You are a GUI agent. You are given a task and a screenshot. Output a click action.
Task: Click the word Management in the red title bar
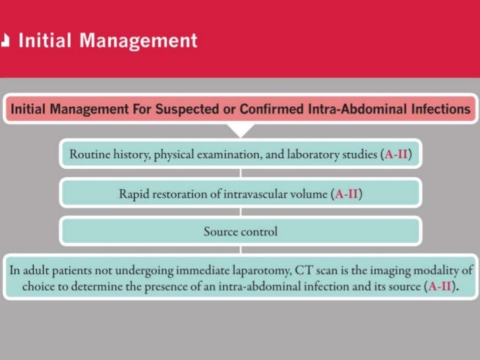[x=138, y=40]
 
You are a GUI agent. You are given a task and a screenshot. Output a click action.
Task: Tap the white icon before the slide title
[x=6, y=41]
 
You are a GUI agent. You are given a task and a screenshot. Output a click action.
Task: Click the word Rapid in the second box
[x=133, y=195]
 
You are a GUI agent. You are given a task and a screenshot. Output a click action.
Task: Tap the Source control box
[x=240, y=231]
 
